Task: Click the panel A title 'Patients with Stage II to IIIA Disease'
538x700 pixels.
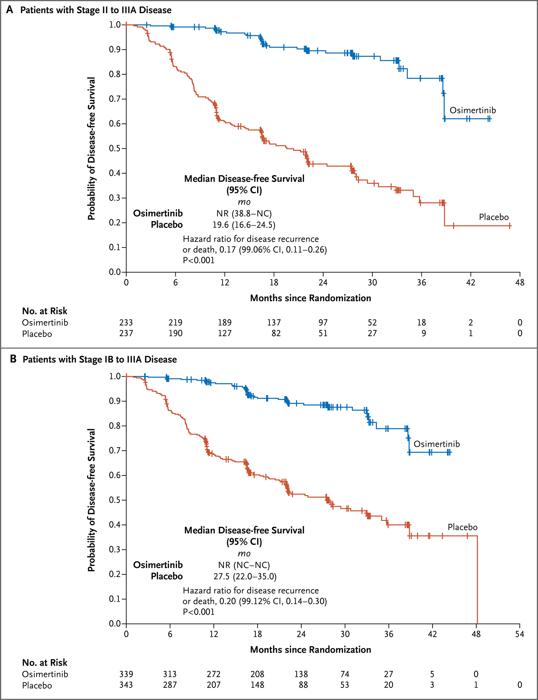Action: [x=96, y=10]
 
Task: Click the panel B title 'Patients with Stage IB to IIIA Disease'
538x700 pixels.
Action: [x=99, y=360]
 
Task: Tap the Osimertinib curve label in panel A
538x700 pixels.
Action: [x=472, y=110]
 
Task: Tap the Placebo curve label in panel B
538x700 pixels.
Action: [x=462, y=527]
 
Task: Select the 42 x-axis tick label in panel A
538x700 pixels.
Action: [x=470, y=283]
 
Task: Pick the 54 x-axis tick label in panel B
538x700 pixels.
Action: [x=519, y=634]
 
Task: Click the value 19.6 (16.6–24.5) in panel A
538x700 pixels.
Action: [x=244, y=225]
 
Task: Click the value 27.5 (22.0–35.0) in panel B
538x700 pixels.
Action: [x=245, y=577]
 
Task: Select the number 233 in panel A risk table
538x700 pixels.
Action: [x=126, y=323]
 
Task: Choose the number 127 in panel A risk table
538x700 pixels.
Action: [x=225, y=334]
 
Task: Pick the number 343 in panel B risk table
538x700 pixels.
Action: [x=126, y=685]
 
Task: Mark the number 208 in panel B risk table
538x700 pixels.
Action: [x=257, y=674]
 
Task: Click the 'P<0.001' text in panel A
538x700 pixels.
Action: [x=198, y=260]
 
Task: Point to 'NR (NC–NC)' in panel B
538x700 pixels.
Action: [x=244, y=565]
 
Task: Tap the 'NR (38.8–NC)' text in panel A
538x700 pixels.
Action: [x=244, y=214]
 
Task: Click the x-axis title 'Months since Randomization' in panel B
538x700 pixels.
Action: [x=310, y=650]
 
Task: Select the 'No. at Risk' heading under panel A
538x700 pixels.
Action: [x=44, y=311]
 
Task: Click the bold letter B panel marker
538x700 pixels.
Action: [x=13, y=359]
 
